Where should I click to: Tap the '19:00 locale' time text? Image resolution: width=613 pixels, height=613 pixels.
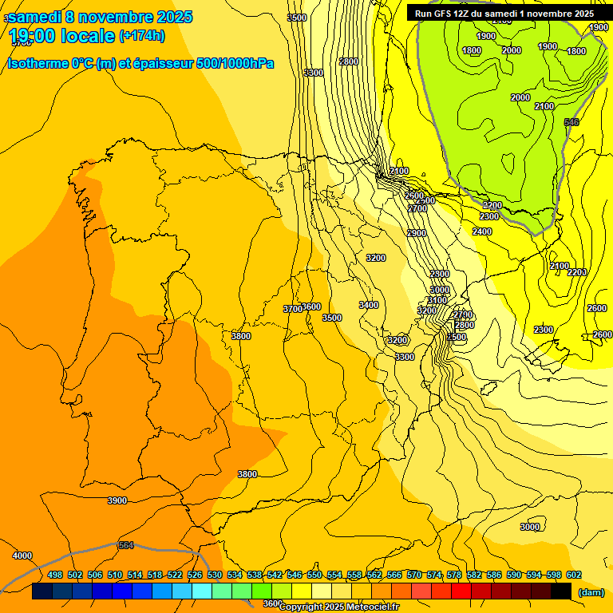61,36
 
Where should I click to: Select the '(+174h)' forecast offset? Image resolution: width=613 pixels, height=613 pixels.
142,36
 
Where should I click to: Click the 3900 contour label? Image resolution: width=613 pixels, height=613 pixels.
117,500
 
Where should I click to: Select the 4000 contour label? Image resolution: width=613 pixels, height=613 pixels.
22,556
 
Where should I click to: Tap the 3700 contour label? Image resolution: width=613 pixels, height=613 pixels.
293,308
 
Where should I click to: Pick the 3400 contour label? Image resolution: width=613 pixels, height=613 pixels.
369,305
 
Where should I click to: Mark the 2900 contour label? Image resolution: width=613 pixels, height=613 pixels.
417,233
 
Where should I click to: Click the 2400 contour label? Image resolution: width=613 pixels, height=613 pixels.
482,231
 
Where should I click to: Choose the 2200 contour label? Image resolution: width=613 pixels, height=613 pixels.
577,272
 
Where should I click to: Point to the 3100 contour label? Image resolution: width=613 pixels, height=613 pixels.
437,300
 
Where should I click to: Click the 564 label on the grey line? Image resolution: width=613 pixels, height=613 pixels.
125,545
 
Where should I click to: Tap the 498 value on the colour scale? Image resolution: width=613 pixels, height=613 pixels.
55,575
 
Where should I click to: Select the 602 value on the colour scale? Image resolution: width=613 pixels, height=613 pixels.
574,575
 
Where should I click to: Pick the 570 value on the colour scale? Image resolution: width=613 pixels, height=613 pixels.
414,575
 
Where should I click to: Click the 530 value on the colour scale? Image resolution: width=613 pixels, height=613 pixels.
215,575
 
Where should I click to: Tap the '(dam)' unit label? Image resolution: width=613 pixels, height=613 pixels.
591,592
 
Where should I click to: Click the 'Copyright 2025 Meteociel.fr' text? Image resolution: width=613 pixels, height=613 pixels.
339,607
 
